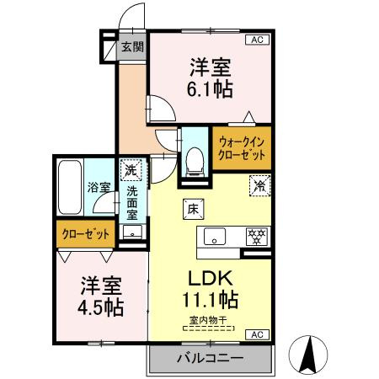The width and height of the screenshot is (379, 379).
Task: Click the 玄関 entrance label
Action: (x=131, y=46)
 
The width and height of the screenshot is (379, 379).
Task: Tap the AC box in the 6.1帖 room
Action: (x=254, y=40)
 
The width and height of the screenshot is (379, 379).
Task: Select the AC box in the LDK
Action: (x=254, y=335)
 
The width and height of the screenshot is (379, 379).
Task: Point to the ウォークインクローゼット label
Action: (x=241, y=148)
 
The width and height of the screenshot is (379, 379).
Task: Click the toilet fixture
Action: (x=195, y=157)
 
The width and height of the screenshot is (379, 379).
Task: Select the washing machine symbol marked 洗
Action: (x=131, y=171)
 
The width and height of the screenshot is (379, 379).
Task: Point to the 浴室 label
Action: (x=99, y=187)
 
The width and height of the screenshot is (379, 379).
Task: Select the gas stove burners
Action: (x=255, y=237)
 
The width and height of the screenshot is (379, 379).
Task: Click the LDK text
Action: (x=210, y=278)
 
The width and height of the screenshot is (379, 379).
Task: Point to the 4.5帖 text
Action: (x=102, y=307)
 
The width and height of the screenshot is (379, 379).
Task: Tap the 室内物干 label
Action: (x=208, y=321)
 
